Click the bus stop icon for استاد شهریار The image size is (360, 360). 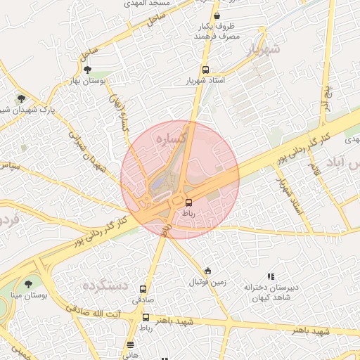click(205, 70)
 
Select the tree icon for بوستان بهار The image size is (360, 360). click(87, 70)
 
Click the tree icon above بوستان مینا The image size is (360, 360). click(28, 284)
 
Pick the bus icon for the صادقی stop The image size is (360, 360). click(143, 288)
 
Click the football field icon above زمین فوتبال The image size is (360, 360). click(207, 271)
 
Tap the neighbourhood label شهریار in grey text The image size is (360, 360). click(264, 49)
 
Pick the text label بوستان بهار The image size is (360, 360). click(86, 82)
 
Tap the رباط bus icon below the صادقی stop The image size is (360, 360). click(146, 317)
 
